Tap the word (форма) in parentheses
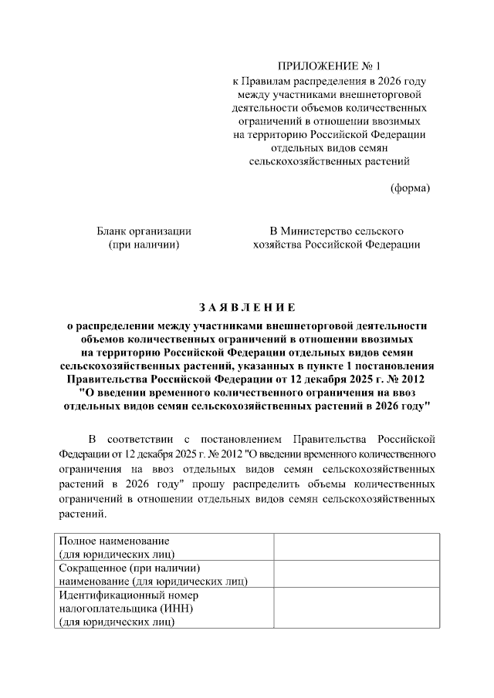(409, 188)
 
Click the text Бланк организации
(144, 231)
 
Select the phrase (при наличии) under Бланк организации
(144, 244)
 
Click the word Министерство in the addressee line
(320, 231)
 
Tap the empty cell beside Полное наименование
(356, 546)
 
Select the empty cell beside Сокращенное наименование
(356, 574)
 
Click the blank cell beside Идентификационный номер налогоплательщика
(356, 609)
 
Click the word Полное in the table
(78, 540)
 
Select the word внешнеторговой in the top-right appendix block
(381, 94)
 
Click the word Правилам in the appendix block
(271, 80)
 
